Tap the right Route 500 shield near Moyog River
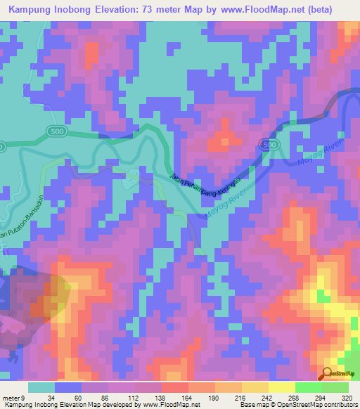click(x=266, y=143)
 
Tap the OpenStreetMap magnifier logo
click(x=328, y=375)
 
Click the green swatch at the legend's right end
click(x=335, y=387)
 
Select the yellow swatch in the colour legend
click(x=281, y=387)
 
